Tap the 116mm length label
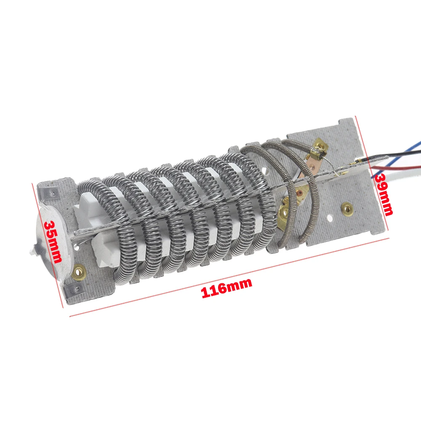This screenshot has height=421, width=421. coord(227,288)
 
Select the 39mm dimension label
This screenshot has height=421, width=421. coord(384,194)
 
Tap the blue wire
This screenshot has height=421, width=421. coord(397,161)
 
